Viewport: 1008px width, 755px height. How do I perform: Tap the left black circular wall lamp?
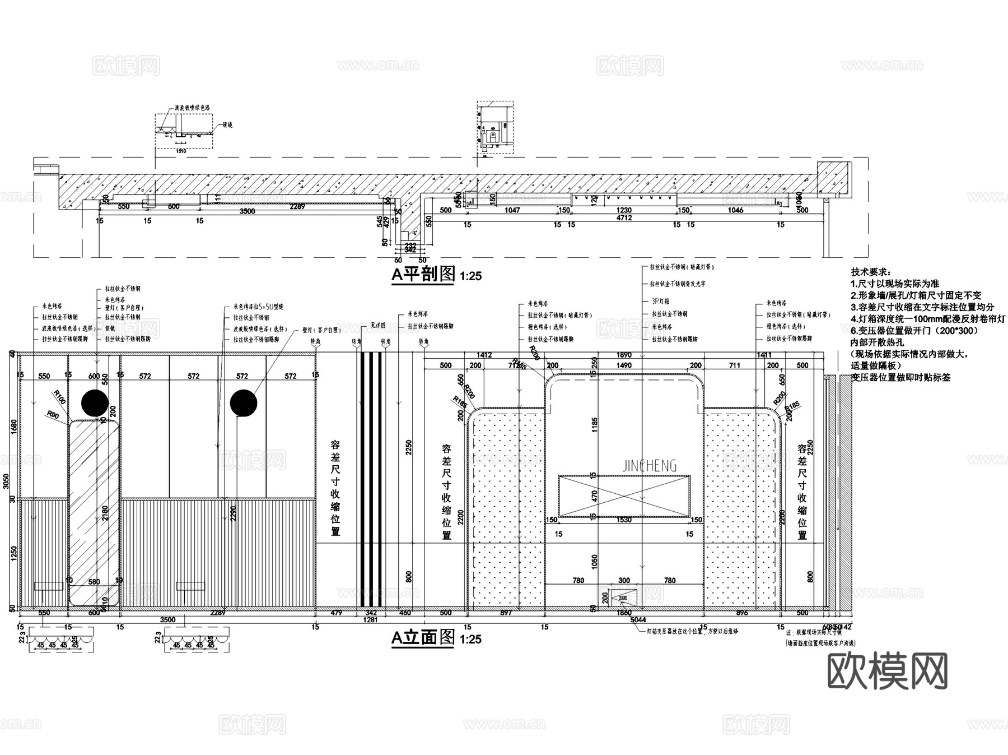(x=95, y=403)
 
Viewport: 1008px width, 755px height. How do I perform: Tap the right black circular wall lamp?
(x=244, y=403)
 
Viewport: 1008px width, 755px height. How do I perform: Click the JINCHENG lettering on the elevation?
(x=650, y=466)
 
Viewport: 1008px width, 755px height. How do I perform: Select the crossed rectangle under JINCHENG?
(x=624, y=496)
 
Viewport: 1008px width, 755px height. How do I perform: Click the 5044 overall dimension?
(x=638, y=619)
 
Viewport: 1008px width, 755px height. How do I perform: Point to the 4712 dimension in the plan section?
(x=624, y=218)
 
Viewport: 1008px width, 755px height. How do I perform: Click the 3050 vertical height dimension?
(x=6, y=481)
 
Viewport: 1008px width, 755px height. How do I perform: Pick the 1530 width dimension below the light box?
(x=624, y=520)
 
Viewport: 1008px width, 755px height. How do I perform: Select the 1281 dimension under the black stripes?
(x=370, y=620)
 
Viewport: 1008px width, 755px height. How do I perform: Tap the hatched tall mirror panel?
(x=94, y=510)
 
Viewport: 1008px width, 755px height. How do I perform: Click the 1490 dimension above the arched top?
(x=624, y=365)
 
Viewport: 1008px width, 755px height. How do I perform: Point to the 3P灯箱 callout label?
(x=661, y=301)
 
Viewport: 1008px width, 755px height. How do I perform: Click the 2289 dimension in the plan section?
(x=297, y=207)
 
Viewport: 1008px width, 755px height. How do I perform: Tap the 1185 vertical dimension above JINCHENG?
(x=595, y=424)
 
